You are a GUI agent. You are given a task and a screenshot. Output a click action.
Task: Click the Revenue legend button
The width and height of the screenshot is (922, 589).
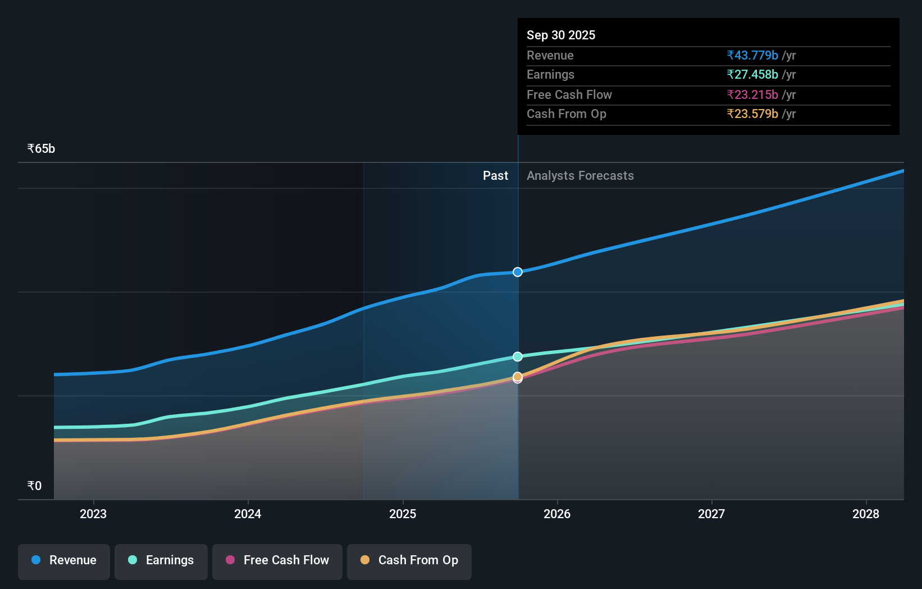point(64,560)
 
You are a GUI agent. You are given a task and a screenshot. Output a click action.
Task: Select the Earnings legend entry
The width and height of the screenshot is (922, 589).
point(161,560)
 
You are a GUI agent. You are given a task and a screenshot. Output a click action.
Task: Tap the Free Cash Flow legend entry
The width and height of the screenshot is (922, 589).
point(277,560)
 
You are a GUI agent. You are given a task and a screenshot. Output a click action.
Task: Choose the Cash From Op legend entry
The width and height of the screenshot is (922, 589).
point(409,560)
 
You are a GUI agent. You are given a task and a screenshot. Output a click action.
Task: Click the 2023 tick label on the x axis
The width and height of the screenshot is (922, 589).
point(93,514)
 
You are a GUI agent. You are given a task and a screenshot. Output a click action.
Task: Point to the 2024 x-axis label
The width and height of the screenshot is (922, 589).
point(248,514)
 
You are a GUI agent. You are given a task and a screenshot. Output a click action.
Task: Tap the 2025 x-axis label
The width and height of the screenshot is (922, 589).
point(403,514)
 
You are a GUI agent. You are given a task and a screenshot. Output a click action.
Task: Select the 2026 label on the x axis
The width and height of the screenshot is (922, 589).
point(557,514)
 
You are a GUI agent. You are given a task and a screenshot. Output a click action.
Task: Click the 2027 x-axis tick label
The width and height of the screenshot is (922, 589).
point(711,514)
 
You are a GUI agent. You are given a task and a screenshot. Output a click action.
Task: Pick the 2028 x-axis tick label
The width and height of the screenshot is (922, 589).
point(866,514)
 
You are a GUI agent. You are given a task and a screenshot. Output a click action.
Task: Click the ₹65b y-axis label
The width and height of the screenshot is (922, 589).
point(41,149)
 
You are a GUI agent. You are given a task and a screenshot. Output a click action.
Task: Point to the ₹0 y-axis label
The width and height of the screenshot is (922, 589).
point(34,486)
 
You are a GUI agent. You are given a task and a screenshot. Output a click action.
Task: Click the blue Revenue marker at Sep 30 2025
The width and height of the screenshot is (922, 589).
point(518,272)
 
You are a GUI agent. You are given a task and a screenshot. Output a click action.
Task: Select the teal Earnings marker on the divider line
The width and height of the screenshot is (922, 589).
point(518,357)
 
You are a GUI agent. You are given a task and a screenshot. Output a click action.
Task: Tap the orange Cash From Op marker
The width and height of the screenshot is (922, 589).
point(518,376)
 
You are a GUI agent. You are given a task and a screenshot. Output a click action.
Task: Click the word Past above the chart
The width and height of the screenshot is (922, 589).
point(495,176)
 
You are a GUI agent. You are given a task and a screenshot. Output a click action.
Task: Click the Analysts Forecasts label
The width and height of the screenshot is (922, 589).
point(580,176)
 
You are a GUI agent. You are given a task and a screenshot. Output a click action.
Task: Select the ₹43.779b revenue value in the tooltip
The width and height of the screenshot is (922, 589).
point(752,56)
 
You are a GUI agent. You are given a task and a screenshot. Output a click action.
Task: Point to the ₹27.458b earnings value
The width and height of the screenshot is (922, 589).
point(752,75)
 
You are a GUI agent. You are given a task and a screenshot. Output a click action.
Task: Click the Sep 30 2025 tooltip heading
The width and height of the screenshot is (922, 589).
point(561,35)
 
